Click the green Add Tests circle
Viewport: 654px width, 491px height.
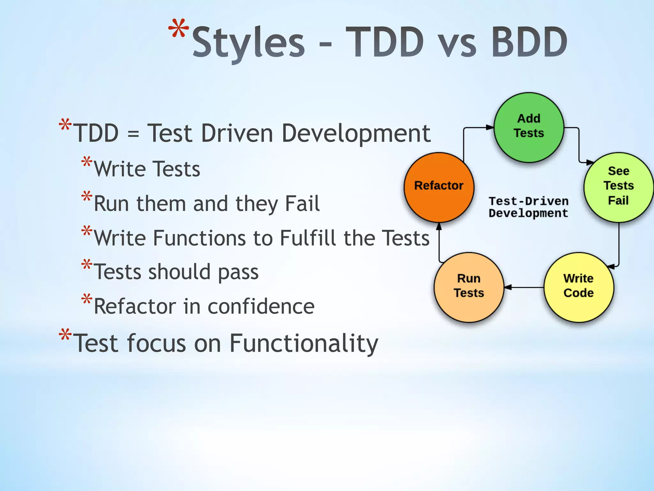[x=529, y=127]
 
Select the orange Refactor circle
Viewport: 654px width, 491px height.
[x=439, y=187]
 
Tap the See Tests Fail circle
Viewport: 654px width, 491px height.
[x=619, y=187]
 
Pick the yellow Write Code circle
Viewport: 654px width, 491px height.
[x=579, y=287]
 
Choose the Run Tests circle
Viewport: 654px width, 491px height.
[x=469, y=287]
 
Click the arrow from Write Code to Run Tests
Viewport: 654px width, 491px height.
[x=524, y=287]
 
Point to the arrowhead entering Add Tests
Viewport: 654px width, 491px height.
[x=490, y=127]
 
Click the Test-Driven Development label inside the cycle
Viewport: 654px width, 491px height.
[x=529, y=207]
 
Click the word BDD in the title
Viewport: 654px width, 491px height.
[x=529, y=42]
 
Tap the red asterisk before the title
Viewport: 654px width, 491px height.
[x=179, y=29]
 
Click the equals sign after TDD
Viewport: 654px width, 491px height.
[x=133, y=134]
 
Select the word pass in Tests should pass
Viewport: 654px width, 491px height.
[x=238, y=273]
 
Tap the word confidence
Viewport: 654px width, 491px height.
[x=261, y=307]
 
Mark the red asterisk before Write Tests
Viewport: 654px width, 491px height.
[x=87, y=162]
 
